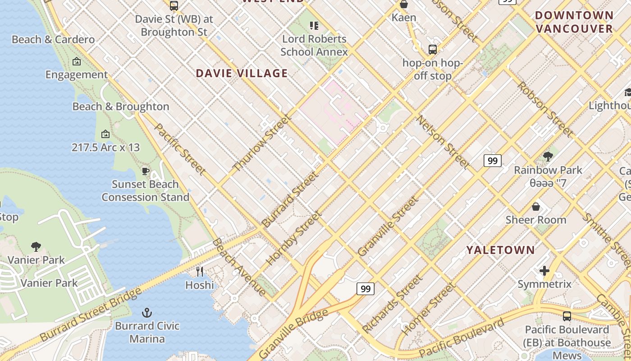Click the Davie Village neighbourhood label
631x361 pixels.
[x=242, y=73]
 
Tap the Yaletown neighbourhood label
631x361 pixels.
[x=500, y=250]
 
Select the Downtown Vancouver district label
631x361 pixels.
[x=574, y=22]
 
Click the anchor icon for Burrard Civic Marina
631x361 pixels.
[x=146, y=312]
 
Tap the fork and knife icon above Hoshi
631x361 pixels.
[x=200, y=271]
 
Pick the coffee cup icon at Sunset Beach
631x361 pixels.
[x=145, y=171]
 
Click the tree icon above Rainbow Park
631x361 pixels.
[x=548, y=157]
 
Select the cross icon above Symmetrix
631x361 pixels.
[x=544, y=271]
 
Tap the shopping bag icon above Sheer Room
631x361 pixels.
[x=536, y=207]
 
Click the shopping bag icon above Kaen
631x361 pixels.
[x=404, y=5]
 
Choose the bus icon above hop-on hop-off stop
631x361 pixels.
[x=433, y=49]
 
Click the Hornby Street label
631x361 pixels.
[x=293, y=238]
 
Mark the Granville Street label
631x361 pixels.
[x=388, y=227]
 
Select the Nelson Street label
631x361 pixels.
[x=443, y=142]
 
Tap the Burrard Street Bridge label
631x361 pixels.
[x=90, y=314]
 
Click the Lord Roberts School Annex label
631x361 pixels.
[x=314, y=45]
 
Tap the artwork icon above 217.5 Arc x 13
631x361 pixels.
[x=105, y=134]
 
